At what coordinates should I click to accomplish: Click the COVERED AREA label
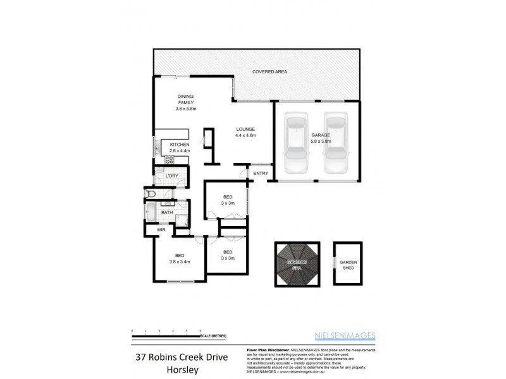[269, 72]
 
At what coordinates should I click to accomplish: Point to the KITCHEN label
[179, 145]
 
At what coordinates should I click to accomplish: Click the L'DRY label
[171, 176]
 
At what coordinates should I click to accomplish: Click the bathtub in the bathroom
[152, 213]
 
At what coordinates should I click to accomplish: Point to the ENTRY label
[261, 174]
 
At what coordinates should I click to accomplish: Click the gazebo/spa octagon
[298, 265]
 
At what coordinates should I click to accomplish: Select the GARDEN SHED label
[348, 265]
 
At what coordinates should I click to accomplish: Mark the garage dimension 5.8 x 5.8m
[321, 141]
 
